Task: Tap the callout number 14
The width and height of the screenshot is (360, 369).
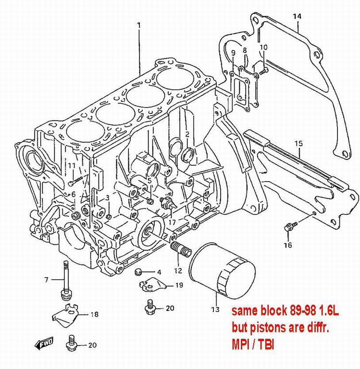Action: tap(297, 16)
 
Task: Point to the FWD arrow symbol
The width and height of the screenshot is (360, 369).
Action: tap(44, 343)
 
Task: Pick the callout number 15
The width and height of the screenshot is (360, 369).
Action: tap(298, 143)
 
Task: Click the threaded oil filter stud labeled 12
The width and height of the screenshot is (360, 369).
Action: tap(179, 249)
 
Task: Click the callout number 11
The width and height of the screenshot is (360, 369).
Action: tap(72, 166)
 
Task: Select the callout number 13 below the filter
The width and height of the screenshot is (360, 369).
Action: tap(215, 309)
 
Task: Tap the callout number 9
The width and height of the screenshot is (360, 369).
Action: tap(233, 52)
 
